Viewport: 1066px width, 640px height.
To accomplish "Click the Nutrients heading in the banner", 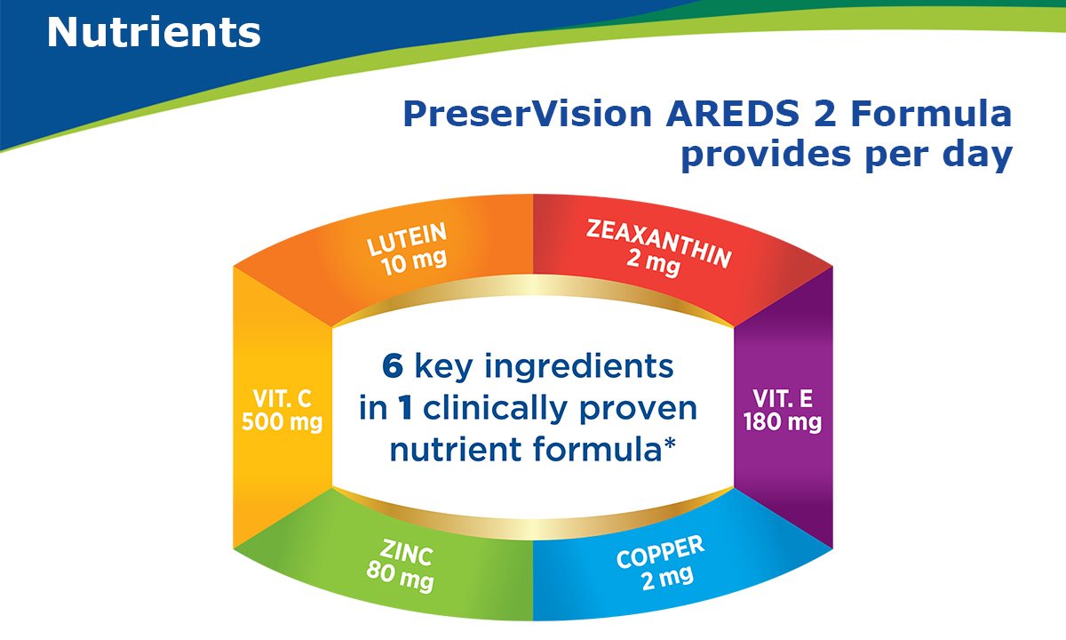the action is click(154, 32).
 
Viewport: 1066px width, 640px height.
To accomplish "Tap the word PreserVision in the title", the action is click(528, 115).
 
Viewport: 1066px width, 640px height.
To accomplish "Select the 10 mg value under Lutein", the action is click(415, 262).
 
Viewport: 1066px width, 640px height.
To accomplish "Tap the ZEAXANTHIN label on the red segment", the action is click(658, 244).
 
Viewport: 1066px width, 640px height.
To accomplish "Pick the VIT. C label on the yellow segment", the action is click(282, 399).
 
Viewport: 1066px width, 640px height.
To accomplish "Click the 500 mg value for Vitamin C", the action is click(282, 422).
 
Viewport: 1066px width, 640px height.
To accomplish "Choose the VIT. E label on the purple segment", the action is click(783, 399).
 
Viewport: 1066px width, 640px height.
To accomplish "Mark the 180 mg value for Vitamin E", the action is click(783, 422).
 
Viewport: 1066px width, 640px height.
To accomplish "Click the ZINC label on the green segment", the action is click(407, 553).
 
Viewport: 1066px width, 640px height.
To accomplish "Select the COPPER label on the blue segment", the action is click(661, 551).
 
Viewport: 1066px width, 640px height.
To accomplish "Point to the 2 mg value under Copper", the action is click(667, 578).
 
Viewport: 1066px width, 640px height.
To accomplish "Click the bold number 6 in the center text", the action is click(393, 366).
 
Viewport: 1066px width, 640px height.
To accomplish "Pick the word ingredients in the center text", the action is click(578, 368).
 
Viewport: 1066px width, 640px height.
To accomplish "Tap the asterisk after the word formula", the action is click(670, 444).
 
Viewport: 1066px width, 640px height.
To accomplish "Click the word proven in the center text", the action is click(638, 410).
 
